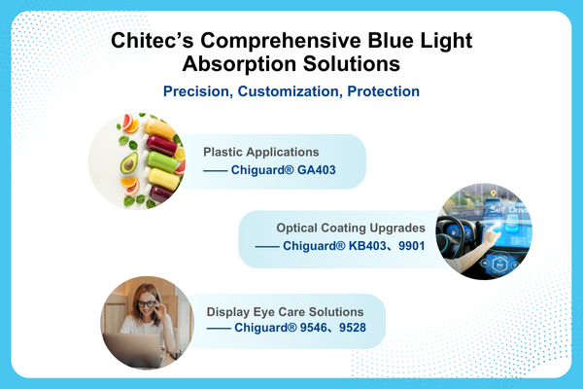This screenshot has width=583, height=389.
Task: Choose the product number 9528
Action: coord(360,328)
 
